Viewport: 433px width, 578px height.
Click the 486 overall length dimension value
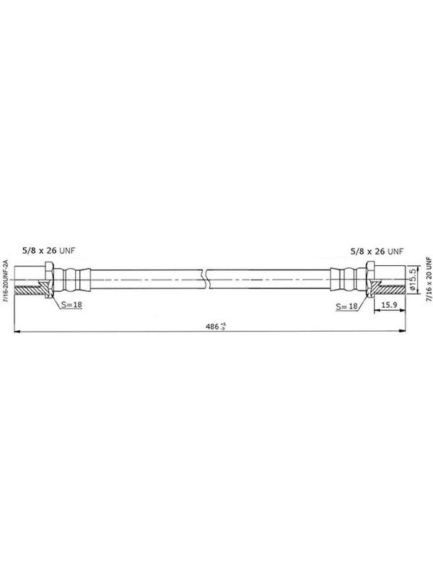pos(212,327)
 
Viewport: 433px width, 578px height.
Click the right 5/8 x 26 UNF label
pos(376,251)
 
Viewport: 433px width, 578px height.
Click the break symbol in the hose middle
pos(205,279)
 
